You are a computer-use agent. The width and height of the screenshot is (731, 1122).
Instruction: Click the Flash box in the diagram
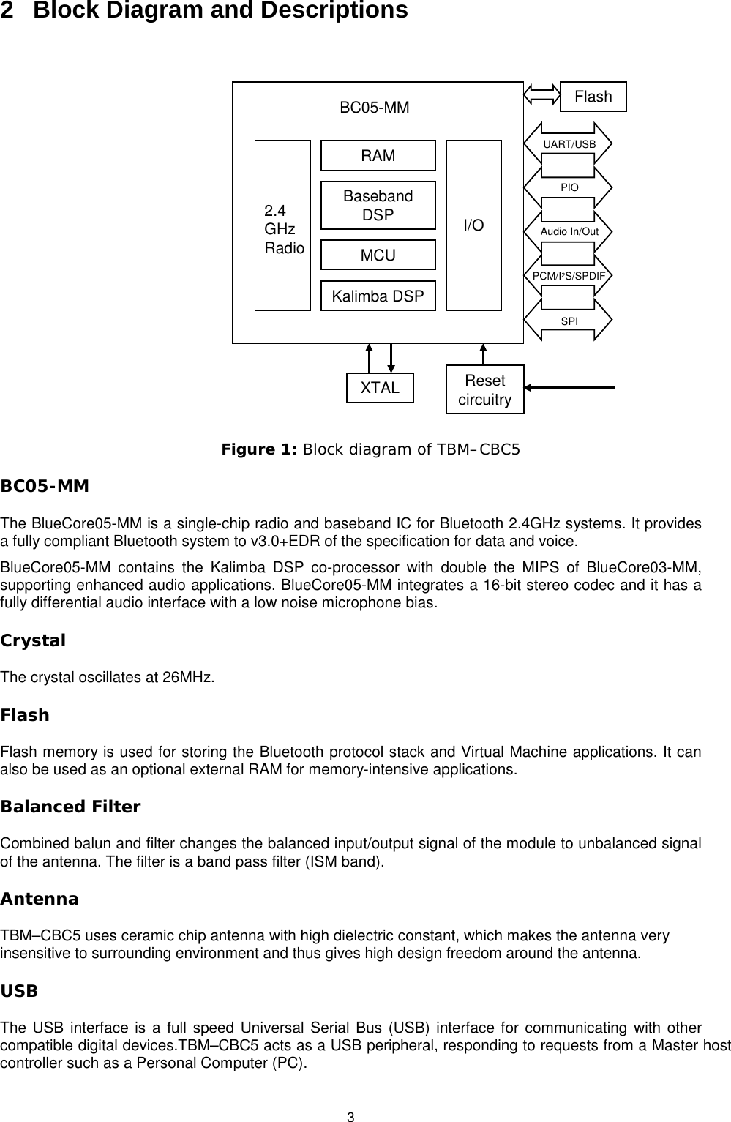point(593,97)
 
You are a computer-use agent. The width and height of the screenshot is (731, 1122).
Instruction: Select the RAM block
point(378,156)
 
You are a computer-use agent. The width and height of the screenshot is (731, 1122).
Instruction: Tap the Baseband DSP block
point(378,206)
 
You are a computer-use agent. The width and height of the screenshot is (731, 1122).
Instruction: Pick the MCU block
point(378,255)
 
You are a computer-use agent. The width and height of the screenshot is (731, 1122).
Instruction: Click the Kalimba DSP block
point(378,296)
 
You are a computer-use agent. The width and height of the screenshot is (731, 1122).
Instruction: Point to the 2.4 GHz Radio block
point(282,225)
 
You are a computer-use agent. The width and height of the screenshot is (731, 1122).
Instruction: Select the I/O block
point(474,225)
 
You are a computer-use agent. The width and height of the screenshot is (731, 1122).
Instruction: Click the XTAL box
point(380,388)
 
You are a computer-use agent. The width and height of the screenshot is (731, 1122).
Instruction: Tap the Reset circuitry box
point(484,390)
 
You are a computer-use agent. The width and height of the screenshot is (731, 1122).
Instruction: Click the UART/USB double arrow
point(569,144)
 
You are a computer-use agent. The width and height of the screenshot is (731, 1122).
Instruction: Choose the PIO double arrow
point(569,188)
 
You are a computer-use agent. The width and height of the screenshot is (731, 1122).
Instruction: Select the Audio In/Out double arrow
point(569,232)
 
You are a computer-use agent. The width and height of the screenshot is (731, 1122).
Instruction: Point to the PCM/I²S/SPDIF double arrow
point(569,276)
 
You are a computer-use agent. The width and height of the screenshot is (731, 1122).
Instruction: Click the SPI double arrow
point(569,320)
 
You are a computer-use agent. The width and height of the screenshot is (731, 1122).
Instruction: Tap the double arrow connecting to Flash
point(541,94)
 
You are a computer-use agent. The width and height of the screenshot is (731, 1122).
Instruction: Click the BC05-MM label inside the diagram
point(375,108)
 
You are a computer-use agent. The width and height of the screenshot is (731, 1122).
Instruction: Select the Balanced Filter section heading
point(70,807)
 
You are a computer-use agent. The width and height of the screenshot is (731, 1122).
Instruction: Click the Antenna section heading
point(40,899)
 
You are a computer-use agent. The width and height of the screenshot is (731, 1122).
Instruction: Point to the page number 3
point(350,1117)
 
